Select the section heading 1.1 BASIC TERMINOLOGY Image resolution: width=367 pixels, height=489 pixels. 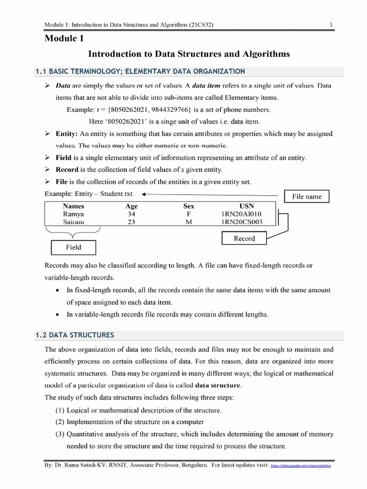tap(140, 71)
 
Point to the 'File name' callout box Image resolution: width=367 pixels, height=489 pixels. tap(307, 196)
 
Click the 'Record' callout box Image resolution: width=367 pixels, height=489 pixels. tap(244, 238)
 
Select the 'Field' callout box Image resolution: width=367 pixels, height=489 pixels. tap(73, 247)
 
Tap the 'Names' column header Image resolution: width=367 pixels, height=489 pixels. tap(73, 206)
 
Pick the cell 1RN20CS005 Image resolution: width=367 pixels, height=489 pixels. tap(238, 222)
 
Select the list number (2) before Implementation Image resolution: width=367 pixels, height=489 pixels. tap(61, 422)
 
